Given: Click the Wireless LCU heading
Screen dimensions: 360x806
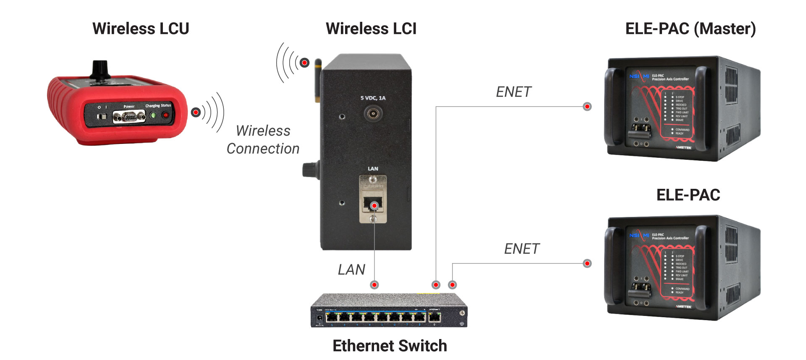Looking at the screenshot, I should (141, 29).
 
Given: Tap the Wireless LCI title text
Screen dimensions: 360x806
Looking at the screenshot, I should (371, 29).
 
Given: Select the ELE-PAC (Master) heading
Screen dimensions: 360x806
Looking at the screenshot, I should (691, 29).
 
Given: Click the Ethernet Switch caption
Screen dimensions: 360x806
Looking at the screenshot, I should (390, 346).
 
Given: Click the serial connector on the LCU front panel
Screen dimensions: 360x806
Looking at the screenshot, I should (129, 117).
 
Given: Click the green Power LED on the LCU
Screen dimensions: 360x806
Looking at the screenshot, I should (153, 115).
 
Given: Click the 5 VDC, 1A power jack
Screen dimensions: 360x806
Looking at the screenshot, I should (372, 113).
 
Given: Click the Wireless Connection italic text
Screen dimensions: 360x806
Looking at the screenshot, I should (263, 140).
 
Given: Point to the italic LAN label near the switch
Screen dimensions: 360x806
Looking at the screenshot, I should (351, 269).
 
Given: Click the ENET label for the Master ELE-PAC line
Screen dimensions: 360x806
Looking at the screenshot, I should (513, 92).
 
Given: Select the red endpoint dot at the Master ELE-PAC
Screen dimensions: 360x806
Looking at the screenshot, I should (587, 107).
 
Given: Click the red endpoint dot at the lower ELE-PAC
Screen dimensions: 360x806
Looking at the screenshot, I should (587, 263).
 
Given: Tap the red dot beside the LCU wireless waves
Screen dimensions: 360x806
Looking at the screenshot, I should (196, 112).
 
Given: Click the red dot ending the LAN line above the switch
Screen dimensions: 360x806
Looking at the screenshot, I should (374, 285).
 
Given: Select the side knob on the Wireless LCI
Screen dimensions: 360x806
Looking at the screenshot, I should (309, 170).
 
